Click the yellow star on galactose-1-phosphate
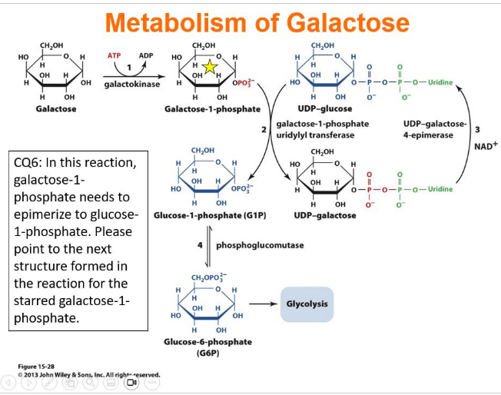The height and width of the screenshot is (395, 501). coord(209,68)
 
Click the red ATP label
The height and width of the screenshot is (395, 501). coord(114,56)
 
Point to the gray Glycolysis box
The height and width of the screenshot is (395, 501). coord(307,304)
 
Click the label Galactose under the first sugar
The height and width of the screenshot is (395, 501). coord(55,109)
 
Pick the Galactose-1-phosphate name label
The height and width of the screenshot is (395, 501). coord(212,109)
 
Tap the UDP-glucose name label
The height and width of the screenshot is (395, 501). coord(324,109)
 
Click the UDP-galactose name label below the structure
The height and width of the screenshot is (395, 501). coord(324,215)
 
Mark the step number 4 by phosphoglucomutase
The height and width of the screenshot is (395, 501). coord(201,245)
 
